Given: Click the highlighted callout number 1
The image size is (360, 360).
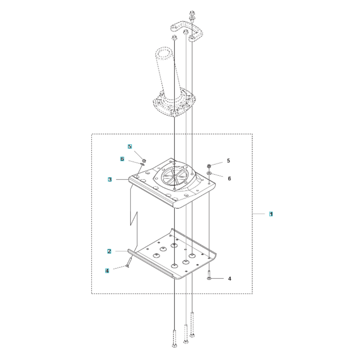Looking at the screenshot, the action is (x=271, y=214).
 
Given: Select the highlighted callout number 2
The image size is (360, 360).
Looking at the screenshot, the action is (x=109, y=251).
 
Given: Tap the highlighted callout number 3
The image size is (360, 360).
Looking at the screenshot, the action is (x=110, y=179).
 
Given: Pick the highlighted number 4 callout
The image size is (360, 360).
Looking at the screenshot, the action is (x=107, y=271).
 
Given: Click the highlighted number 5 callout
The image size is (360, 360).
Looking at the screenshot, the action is (x=130, y=147).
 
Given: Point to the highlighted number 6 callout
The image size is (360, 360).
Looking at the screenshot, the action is (x=122, y=159).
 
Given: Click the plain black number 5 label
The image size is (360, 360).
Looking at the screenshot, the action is (x=228, y=161).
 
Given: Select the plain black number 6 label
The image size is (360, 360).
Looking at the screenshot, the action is (x=229, y=179).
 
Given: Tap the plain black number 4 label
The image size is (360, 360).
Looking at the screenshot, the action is (x=229, y=279).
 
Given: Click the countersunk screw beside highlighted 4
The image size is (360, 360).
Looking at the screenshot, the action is (x=129, y=262).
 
